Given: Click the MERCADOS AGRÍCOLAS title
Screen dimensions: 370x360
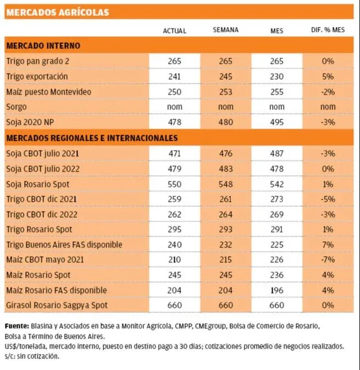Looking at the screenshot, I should (x=57, y=12).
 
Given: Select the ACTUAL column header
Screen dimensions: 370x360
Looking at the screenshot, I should (x=174, y=30).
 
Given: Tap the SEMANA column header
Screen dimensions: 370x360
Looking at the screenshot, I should (x=225, y=30).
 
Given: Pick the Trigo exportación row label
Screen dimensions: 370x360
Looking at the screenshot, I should (x=37, y=76).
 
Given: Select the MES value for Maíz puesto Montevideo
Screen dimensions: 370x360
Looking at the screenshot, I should (x=277, y=92).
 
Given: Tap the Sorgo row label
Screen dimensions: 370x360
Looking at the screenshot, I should (x=16, y=107).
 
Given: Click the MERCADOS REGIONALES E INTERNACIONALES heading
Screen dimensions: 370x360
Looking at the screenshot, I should (x=92, y=137).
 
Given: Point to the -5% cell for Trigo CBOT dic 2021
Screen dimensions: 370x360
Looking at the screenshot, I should (x=329, y=198).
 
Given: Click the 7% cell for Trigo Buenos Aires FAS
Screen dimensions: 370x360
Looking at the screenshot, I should (x=329, y=244).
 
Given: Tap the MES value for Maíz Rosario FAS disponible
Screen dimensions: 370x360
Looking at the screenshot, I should (x=277, y=290).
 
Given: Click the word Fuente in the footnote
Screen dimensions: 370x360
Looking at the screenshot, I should (x=17, y=326).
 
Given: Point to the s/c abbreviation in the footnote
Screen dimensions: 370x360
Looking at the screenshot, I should (x=11, y=356).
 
